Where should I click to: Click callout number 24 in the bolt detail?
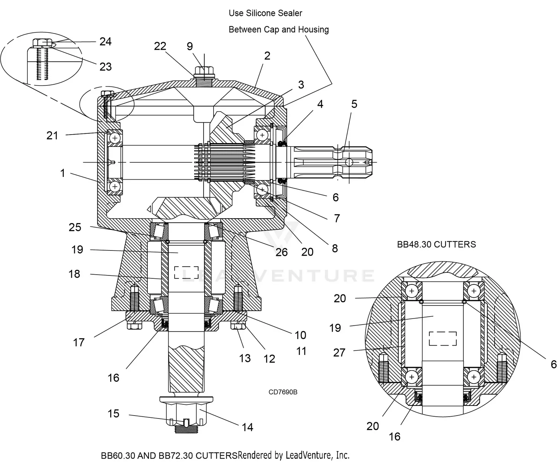coord(105,41)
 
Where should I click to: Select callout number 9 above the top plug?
coord(190,46)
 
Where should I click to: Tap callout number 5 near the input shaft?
coord(354,104)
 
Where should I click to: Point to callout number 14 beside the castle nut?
coord(247,427)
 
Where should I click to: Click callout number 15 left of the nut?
coord(113,414)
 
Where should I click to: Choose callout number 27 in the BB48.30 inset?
coord(339,352)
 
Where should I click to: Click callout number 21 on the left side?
coord(52,136)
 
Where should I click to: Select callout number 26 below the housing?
coord(281,252)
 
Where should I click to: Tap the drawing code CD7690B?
coord(283,392)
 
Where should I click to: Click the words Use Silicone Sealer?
coord(265,13)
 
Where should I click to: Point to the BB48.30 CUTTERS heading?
coord(436,245)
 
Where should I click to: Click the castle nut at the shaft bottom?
coord(186,413)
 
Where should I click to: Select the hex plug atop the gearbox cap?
coord(204,71)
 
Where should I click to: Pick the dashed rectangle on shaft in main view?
coord(186,272)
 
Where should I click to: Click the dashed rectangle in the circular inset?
coord(443,338)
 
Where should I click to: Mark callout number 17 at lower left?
coord(79,342)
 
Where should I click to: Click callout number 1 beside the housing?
coord(62,173)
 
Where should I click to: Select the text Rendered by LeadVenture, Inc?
coord(293,455)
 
